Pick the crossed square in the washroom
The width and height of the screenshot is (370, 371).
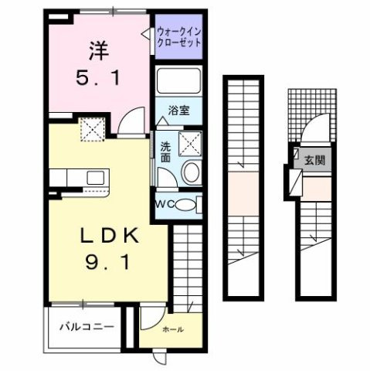(189, 142)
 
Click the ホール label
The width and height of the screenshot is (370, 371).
(172, 330)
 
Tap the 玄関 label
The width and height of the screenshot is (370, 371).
(314, 162)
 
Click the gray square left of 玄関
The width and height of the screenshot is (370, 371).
(297, 161)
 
